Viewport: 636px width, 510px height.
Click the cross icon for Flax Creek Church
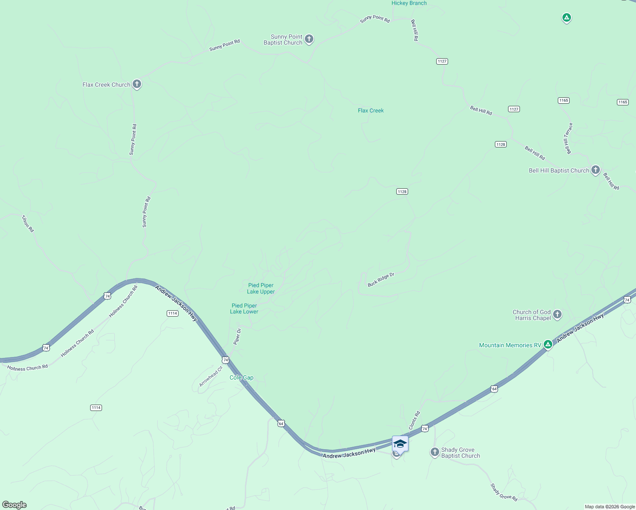click(x=136, y=84)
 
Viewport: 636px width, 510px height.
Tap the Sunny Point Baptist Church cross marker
click(x=309, y=39)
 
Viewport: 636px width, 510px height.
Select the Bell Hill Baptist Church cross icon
click(x=596, y=170)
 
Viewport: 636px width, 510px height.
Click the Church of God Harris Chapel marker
click(x=557, y=314)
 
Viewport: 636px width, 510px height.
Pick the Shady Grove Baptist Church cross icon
click(x=434, y=452)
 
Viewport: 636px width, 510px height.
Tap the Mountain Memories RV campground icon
click(x=548, y=345)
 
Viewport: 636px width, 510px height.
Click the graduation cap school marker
click(x=400, y=444)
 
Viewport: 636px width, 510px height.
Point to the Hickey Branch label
click(x=409, y=3)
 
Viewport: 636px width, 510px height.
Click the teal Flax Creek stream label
click(x=371, y=110)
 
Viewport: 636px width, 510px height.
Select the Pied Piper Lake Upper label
click(x=261, y=289)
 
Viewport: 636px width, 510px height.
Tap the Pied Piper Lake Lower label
click(x=244, y=309)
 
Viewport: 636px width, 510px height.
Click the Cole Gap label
click(x=241, y=378)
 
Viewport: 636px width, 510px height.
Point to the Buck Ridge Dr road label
click(x=381, y=280)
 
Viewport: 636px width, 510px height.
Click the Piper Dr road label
click(x=237, y=336)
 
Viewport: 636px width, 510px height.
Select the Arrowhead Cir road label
click(x=211, y=377)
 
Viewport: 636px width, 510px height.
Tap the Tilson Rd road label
click(x=28, y=224)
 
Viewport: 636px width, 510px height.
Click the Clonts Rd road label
click(x=414, y=420)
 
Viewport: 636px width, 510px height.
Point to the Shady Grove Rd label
click(x=504, y=492)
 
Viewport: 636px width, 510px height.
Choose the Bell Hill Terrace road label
click(x=568, y=139)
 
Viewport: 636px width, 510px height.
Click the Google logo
click(x=14, y=505)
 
